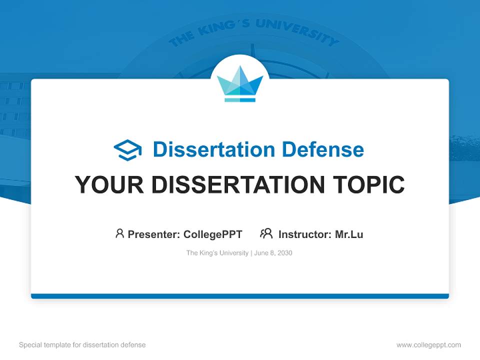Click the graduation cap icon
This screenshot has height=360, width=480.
(x=127, y=150)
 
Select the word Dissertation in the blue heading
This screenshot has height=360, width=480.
(x=214, y=149)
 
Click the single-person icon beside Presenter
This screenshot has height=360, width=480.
(x=119, y=233)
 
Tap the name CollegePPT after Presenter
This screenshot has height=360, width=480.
(x=213, y=234)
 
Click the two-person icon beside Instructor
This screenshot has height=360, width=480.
(x=266, y=233)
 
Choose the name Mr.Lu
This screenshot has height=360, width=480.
(x=349, y=234)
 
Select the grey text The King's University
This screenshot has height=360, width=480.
(x=217, y=253)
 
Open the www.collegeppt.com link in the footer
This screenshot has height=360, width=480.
(x=428, y=345)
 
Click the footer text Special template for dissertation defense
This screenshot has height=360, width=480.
(x=82, y=345)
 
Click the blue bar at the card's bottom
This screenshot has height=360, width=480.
(x=240, y=296)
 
